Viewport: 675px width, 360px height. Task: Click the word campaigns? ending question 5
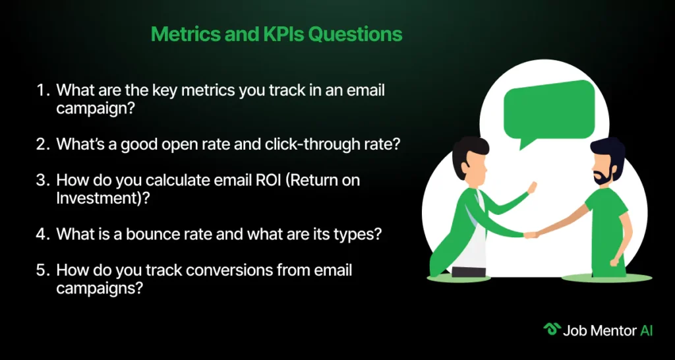[x=100, y=289]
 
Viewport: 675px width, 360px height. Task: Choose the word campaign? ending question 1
[x=94, y=108]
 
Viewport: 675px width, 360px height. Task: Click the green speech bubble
[x=548, y=112]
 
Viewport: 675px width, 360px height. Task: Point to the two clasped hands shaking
[x=531, y=235]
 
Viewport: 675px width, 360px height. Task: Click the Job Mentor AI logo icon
[x=551, y=330]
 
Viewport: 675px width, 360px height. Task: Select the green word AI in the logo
[x=646, y=330]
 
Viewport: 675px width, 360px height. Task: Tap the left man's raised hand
[x=533, y=187]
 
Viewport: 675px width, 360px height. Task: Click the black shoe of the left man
[x=468, y=272]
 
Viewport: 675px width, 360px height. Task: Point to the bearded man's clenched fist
[x=615, y=262]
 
